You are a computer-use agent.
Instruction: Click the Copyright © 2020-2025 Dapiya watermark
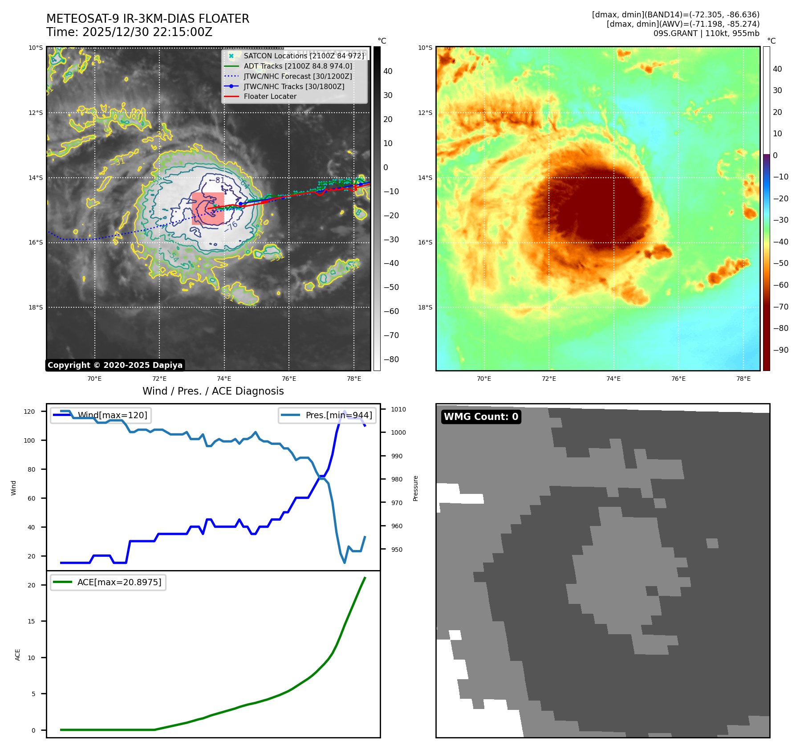[115, 365]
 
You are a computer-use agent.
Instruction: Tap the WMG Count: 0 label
[481, 417]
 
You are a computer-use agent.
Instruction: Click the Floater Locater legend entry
[270, 96]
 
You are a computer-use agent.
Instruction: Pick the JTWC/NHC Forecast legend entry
[297, 76]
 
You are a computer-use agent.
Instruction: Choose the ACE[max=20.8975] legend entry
[108, 582]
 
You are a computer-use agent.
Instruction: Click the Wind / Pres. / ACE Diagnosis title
[213, 391]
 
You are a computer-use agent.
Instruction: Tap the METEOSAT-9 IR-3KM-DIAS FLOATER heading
[148, 19]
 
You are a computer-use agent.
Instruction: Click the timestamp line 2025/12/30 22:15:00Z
[129, 32]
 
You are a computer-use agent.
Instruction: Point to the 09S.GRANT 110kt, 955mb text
[706, 33]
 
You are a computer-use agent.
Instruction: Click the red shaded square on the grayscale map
[208, 208]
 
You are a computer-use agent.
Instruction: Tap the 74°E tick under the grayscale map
[224, 379]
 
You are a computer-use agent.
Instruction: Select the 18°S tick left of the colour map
[425, 307]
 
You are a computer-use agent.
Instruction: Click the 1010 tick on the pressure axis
[398, 409]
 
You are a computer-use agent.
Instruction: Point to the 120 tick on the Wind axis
[29, 412]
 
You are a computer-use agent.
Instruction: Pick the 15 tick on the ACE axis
[31, 621]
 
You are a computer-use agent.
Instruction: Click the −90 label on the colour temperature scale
[781, 350]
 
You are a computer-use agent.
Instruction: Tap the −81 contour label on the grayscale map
[220, 180]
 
